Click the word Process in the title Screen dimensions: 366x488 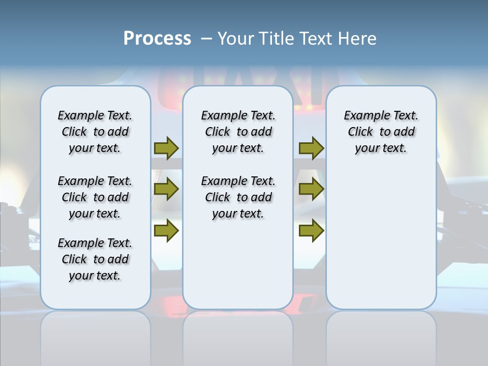pyautogui.click(x=157, y=39)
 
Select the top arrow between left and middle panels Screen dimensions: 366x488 pyautogui.click(x=166, y=148)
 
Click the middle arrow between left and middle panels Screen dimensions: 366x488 pyautogui.click(x=166, y=189)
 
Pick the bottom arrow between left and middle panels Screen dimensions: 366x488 pyautogui.click(x=166, y=231)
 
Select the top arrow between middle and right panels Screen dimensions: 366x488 pyautogui.click(x=311, y=148)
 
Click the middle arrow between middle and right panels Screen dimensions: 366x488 pyautogui.click(x=311, y=189)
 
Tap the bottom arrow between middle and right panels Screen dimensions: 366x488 pyautogui.click(x=311, y=231)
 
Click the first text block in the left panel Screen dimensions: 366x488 pyautogui.click(x=95, y=132)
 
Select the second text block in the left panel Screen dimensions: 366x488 pyautogui.click(x=95, y=197)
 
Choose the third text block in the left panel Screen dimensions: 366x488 pyautogui.click(x=95, y=259)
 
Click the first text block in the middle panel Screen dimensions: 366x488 pyautogui.click(x=238, y=132)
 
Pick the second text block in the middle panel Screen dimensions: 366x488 pyautogui.click(x=238, y=197)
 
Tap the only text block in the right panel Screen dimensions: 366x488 pyautogui.click(x=381, y=132)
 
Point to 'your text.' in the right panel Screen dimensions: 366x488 pyautogui.click(x=381, y=148)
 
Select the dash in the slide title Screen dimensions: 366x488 pyautogui.click(x=206, y=39)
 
